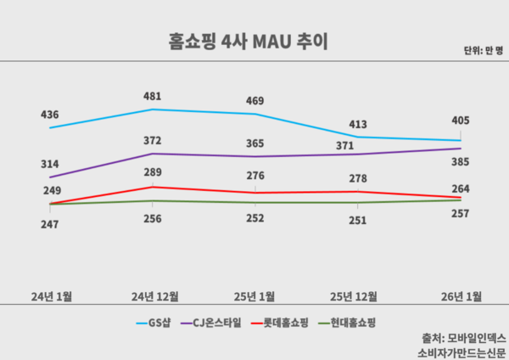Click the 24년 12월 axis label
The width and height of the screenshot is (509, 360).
point(154,296)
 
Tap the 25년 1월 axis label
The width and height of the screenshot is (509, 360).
point(255,296)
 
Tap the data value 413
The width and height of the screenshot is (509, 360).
point(358,124)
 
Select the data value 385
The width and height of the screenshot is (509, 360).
point(461,161)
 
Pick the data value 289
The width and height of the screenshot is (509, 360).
point(153,173)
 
